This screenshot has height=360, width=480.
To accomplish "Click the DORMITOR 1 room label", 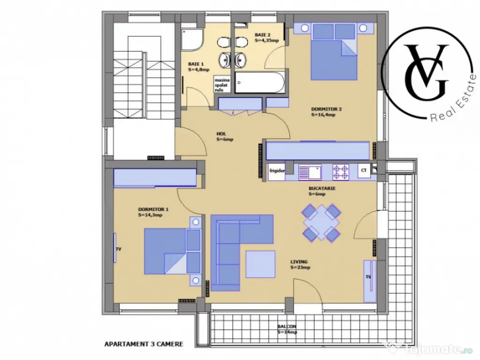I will point(150,212).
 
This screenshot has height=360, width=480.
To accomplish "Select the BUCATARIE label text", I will point(319,191).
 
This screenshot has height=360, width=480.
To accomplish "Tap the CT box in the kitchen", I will point(364,171).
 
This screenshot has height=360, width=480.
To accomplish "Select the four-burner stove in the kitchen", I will point(340,172).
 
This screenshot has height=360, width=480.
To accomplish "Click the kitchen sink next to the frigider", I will point(309,172).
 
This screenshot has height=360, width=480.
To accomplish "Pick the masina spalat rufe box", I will point(219,85).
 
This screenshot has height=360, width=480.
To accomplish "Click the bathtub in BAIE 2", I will point(260,83).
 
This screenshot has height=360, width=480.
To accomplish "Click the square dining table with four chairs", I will point(321,223).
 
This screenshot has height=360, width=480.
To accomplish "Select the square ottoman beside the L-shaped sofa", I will point(260,264).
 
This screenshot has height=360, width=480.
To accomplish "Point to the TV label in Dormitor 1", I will point(118,249).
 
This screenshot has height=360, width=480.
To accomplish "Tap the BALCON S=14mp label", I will point(286,329).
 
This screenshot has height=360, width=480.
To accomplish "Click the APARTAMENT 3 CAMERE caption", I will point(143,344).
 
